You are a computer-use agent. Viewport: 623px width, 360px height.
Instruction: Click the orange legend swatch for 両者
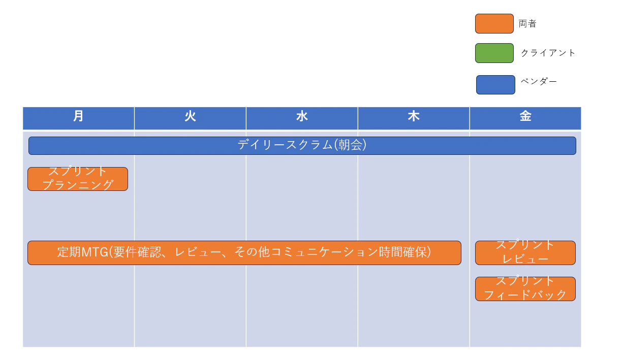(494, 24)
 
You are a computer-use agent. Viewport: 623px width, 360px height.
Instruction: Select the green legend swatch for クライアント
(494, 53)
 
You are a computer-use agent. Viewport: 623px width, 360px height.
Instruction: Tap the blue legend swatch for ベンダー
(495, 85)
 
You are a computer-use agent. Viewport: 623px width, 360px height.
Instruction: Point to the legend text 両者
(527, 24)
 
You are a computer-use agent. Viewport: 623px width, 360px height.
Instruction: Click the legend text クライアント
(548, 53)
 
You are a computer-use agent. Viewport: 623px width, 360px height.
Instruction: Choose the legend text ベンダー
(539, 81)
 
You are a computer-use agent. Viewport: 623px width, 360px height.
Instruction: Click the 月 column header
(78, 118)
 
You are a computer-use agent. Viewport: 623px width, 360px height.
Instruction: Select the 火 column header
(190, 118)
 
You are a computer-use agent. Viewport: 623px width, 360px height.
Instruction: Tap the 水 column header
(302, 118)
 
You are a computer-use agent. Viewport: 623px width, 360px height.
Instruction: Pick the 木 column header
(414, 118)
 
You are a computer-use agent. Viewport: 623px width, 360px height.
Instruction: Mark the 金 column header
(525, 118)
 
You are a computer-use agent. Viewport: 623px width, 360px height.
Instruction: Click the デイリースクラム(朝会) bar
(302, 146)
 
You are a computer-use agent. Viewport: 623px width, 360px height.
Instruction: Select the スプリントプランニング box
(78, 179)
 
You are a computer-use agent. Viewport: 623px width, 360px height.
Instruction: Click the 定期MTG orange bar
(244, 253)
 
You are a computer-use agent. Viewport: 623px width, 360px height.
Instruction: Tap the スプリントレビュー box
(525, 253)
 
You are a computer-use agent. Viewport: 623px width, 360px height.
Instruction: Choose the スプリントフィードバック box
(525, 289)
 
